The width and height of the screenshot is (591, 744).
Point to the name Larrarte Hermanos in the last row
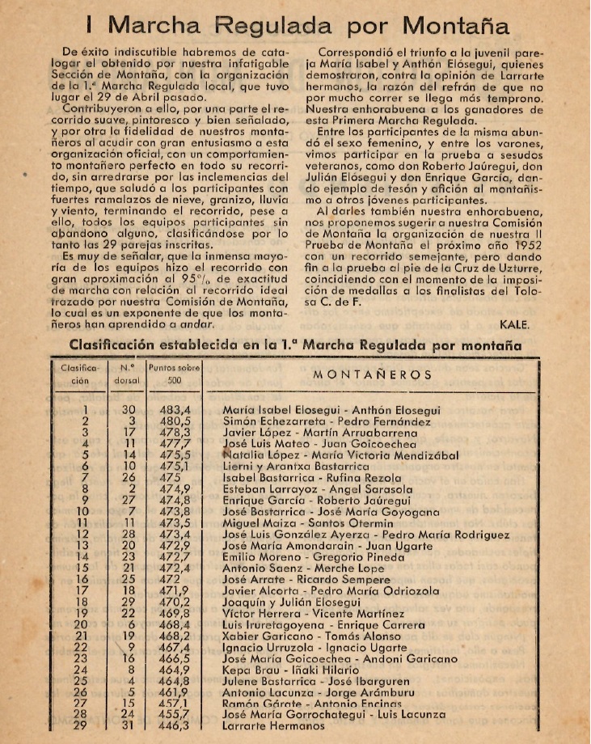(274, 726)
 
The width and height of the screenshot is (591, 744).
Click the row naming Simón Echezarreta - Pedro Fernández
(327, 421)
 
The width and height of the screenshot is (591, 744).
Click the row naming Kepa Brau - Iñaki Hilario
(290, 670)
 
